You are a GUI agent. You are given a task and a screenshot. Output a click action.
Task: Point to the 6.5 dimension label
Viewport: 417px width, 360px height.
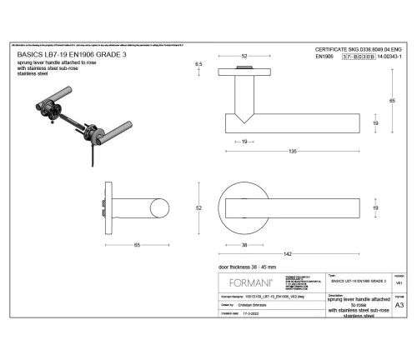[x=198, y=64]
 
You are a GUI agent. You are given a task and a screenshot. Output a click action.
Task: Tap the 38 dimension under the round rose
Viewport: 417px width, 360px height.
[x=244, y=245]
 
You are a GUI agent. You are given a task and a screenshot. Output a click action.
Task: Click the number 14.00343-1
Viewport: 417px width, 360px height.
[x=390, y=58]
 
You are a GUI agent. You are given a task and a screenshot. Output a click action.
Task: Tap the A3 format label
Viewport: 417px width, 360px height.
[x=399, y=305]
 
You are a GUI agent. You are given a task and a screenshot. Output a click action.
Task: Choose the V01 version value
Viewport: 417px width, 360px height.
[x=399, y=283]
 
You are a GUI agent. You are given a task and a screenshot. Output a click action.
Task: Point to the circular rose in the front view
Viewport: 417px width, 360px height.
[x=245, y=204]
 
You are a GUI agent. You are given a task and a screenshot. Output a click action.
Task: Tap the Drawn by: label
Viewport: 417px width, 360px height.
[x=229, y=305]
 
